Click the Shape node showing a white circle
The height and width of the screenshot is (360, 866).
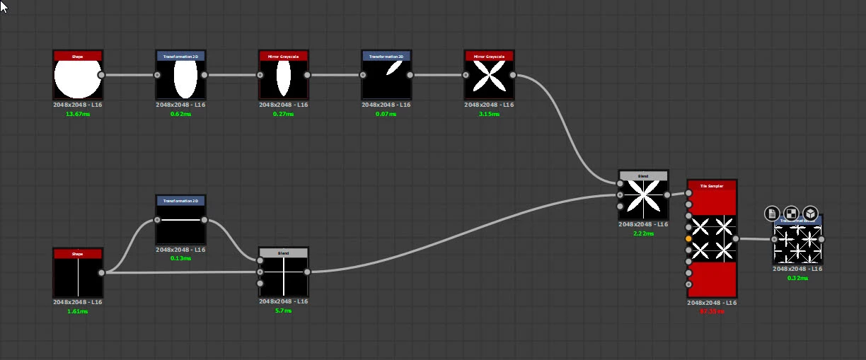78,79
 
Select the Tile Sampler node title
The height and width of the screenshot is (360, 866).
711,186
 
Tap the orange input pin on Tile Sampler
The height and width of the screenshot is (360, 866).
688,240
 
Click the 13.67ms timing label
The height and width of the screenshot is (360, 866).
78,114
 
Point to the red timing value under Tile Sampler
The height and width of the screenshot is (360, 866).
711,311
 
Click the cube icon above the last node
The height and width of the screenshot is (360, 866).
810,213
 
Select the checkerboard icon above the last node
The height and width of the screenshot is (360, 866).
791,213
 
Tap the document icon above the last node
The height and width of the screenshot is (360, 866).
772,213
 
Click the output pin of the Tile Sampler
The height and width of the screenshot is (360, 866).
736,239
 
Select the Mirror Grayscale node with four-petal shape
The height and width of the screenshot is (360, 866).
489,79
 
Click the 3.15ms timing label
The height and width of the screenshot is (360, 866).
489,114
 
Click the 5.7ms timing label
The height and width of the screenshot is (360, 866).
283,310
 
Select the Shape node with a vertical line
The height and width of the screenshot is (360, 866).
78,277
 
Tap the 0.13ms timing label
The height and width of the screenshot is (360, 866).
180,258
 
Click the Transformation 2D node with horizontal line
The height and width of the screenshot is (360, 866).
180,223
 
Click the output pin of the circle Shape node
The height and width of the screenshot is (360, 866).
101,74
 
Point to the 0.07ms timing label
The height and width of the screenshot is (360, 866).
386,114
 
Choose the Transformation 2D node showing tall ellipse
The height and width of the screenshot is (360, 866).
180,79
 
